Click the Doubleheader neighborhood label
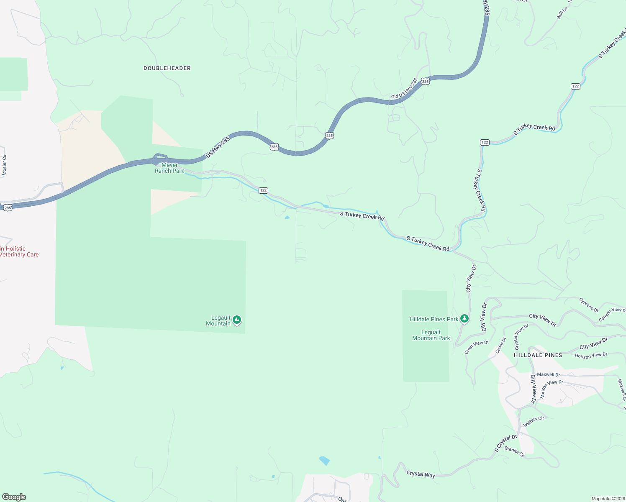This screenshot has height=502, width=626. click(167, 68)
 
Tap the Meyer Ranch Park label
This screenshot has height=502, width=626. click(169, 168)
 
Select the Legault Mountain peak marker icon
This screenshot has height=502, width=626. click(237, 320)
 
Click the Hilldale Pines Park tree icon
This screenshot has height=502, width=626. click(464, 319)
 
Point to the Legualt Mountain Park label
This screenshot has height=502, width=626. click(431, 335)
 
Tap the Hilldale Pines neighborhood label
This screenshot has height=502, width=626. click(538, 355)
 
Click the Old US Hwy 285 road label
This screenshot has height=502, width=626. click(404, 88)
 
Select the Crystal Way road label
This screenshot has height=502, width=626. click(421, 474)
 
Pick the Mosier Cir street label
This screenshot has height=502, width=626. click(5, 165)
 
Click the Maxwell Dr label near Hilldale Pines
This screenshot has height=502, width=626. click(548, 374)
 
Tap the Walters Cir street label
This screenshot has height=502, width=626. click(534, 421)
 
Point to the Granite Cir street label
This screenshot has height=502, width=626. click(514, 451)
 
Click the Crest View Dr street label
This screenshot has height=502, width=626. click(477, 347)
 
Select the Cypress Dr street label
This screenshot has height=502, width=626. click(588, 305)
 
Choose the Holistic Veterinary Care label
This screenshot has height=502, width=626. click(19, 251)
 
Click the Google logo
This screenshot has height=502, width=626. click(14, 497)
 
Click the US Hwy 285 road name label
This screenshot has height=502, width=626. click(218, 147)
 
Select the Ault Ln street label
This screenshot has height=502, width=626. click(562, 13)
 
